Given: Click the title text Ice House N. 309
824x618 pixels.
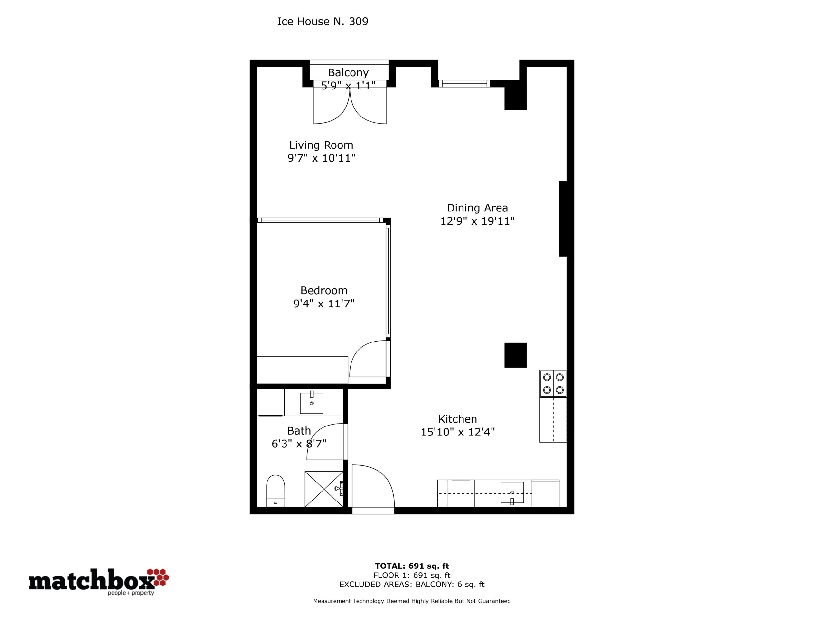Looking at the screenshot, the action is click(x=323, y=22).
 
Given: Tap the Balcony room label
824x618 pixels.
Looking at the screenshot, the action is click(x=348, y=72).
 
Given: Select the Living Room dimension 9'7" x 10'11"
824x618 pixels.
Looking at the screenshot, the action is click(x=321, y=158).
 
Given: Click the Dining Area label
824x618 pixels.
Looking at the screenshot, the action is click(x=477, y=208).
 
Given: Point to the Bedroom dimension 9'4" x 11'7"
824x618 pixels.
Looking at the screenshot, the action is click(x=324, y=304).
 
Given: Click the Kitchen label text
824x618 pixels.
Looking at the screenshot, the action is click(x=457, y=419).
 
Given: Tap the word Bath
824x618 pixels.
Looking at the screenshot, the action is click(x=299, y=431).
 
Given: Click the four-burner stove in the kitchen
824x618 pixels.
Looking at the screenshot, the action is click(x=553, y=383).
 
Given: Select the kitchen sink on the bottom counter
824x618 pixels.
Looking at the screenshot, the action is click(x=512, y=492).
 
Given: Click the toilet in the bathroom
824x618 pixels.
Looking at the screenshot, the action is click(x=276, y=491).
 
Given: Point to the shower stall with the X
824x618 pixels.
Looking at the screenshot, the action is click(x=324, y=489).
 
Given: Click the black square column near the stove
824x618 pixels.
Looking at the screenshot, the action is click(x=516, y=355).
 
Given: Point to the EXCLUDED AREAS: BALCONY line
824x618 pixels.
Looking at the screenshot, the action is click(x=412, y=585).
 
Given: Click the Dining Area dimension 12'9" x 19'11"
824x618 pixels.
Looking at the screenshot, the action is click(x=477, y=221).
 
